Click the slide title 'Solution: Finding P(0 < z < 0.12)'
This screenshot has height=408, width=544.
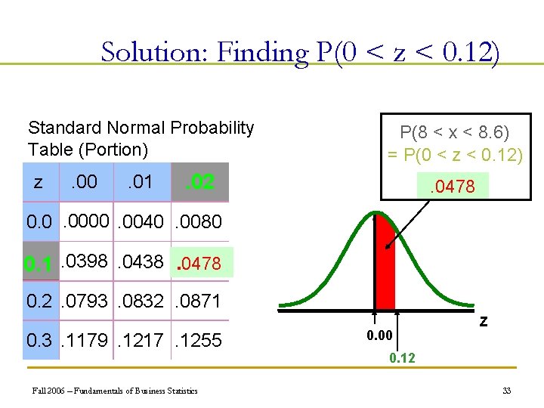point(300,52)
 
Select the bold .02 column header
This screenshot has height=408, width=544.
point(199,182)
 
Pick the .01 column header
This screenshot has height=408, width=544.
point(140,182)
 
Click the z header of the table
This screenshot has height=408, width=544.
point(39,182)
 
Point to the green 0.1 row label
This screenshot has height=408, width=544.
point(38,264)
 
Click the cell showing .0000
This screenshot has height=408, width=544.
point(86,222)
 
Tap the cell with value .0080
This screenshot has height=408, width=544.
point(199,222)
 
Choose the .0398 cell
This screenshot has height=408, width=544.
point(85,262)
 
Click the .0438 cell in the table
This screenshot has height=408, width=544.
point(142,262)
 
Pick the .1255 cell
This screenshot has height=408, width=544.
point(199,341)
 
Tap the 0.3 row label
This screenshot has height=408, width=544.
point(39,341)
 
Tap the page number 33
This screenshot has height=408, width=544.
point(505,391)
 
